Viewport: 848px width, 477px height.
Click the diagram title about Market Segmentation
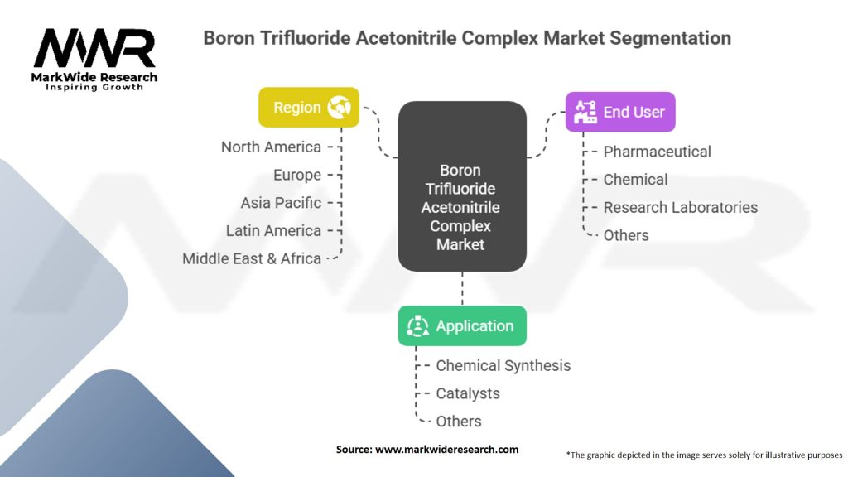pyautogui.click(x=467, y=38)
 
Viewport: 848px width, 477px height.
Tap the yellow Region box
pyautogui.click(x=308, y=108)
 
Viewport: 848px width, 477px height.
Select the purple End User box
pyautogui.click(x=620, y=112)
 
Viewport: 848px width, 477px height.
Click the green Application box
pyautogui.click(x=462, y=326)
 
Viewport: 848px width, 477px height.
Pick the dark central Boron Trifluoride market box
pyautogui.click(x=462, y=186)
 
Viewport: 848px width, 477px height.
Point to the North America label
pyautogui.click(x=271, y=147)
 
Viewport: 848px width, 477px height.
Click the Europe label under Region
pyautogui.click(x=297, y=175)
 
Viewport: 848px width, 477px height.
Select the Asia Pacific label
pyautogui.click(x=281, y=203)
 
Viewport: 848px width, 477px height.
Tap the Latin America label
pyautogui.click(x=273, y=230)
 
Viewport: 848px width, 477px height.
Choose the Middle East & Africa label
pyautogui.click(x=252, y=258)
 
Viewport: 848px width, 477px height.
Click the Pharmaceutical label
pyautogui.click(x=657, y=152)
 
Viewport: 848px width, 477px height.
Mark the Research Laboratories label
pyautogui.click(x=680, y=207)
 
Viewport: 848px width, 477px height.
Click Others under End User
pyautogui.click(x=626, y=235)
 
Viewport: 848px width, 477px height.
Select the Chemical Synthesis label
pyautogui.click(x=503, y=365)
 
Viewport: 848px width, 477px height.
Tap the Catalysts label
pyautogui.click(x=468, y=393)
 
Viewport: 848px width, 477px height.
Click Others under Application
pyautogui.click(x=459, y=421)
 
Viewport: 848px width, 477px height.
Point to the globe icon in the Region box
pyautogui.click(x=339, y=108)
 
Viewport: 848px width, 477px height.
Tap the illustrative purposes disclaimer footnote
pyautogui.click(x=704, y=455)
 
